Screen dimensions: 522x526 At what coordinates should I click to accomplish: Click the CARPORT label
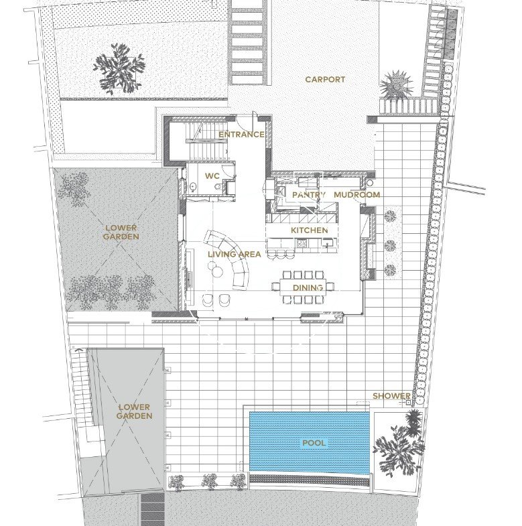point(325,80)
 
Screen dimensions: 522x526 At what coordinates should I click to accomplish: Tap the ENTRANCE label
point(241,135)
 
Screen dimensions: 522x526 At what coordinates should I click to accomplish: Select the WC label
point(212,176)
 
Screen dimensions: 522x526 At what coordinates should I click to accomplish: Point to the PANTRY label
point(309,194)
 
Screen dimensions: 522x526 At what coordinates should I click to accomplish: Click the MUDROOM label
point(357,194)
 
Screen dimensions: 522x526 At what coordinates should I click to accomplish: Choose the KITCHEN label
point(310,230)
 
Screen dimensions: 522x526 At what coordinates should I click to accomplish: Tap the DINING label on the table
point(308,287)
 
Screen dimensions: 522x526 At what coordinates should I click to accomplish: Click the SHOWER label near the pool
point(391,396)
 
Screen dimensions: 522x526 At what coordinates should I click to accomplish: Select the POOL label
point(314,443)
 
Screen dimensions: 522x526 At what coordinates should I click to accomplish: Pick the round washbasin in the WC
point(194,186)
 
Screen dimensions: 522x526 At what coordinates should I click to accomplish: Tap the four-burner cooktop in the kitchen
point(302,243)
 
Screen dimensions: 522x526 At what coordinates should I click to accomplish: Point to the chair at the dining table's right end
point(330,286)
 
